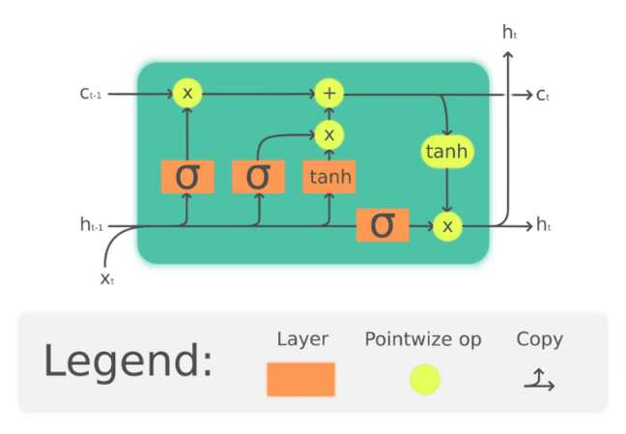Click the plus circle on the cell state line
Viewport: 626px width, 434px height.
pyautogui.click(x=329, y=94)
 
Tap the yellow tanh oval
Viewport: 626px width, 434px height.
pyautogui.click(x=447, y=152)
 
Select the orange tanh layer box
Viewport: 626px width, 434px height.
pyautogui.click(x=329, y=177)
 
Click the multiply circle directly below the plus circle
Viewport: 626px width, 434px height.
pyautogui.click(x=329, y=134)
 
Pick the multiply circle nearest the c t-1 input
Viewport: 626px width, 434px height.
pyautogui.click(x=187, y=94)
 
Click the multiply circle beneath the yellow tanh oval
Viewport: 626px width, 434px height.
pyautogui.click(x=447, y=226)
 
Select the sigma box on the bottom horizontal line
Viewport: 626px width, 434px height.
pyautogui.click(x=383, y=225)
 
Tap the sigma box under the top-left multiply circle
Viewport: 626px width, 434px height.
pyautogui.click(x=187, y=177)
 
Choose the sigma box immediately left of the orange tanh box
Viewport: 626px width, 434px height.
pyautogui.click(x=258, y=177)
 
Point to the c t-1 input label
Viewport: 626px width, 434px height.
pyautogui.click(x=91, y=94)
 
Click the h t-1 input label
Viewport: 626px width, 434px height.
pyautogui.click(x=92, y=224)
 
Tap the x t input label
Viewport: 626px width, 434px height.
pyautogui.click(x=107, y=278)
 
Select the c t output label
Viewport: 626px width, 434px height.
pyautogui.click(x=543, y=95)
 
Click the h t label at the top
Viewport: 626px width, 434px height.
pyautogui.click(x=509, y=32)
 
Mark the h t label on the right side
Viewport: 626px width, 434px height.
pyautogui.click(x=543, y=224)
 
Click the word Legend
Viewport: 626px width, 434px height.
pyautogui.click(x=128, y=362)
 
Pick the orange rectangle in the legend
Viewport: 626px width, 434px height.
pyautogui.click(x=301, y=380)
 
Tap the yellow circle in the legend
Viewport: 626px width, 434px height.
pyautogui.click(x=425, y=379)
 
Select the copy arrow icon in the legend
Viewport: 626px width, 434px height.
pyautogui.click(x=539, y=380)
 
